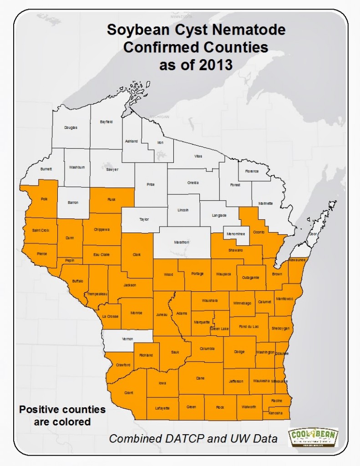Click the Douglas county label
click(x=71, y=127)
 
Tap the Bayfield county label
click(x=106, y=122)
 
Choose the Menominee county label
click(x=237, y=234)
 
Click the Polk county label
click(x=44, y=199)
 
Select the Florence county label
click(x=252, y=171)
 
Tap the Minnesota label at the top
click(x=182, y=16)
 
